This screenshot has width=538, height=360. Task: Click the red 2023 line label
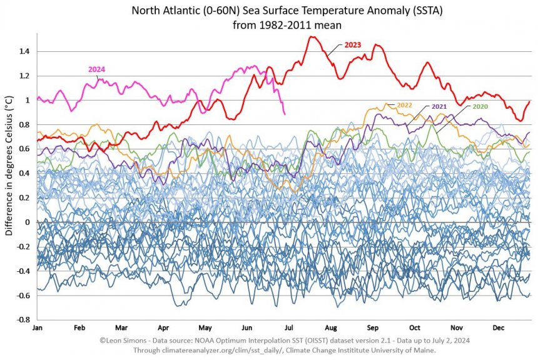coord(353,46)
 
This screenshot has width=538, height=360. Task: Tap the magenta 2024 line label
coord(96,69)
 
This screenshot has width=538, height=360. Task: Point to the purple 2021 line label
coord(439,107)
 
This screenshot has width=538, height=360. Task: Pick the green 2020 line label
coord(480,107)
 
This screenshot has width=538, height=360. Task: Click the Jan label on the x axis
coord(38,327)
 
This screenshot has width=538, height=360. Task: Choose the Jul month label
coord(290,327)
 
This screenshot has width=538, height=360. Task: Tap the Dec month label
coord(499,327)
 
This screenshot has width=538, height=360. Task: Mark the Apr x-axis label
coord(164,327)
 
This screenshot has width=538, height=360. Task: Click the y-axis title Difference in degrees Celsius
coord(9,166)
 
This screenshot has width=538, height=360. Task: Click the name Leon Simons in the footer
coord(126,340)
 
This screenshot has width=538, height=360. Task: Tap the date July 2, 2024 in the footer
coord(447,340)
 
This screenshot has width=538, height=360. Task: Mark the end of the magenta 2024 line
coord(285,114)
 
